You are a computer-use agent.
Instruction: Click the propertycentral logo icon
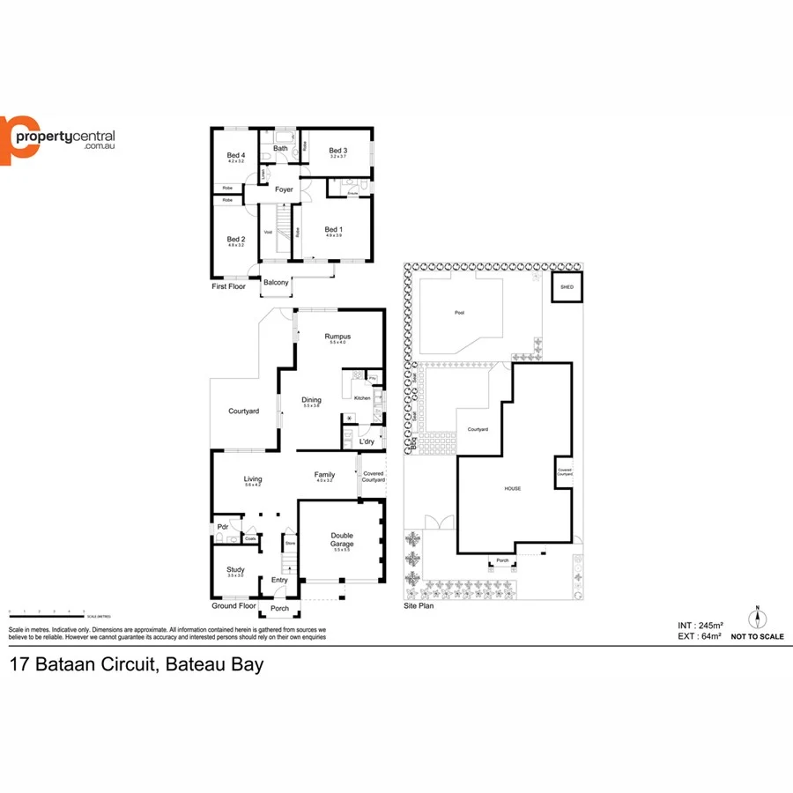pyautogui.click(x=19, y=140)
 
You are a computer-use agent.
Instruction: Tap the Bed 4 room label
pyautogui.click(x=235, y=156)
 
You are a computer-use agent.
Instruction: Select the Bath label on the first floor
pyautogui.click(x=280, y=149)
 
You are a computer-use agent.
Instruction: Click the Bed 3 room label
pyautogui.click(x=337, y=151)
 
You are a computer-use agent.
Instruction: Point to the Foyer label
pyautogui.click(x=284, y=190)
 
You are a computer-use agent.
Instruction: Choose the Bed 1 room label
pyautogui.click(x=333, y=230)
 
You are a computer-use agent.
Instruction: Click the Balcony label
pyautogui.click(x=276, y=282)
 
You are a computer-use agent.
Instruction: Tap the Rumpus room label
pyautogui.click(x=337, y=337)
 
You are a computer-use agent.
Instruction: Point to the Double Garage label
pyautogui.click(x=342, y=540)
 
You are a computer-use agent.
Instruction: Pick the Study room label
pyautogui.click(x=235, y=570)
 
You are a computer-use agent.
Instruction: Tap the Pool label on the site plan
pyautogui.click(x=459, y=313)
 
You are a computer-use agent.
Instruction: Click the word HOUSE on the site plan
pyautogui.click(x=512, y=488)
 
